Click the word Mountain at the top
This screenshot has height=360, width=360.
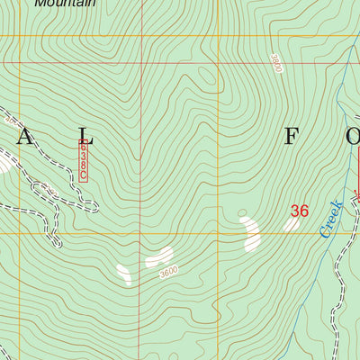tap(65, 4)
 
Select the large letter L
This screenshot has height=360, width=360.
tap(84, 137)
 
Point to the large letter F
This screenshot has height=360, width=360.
tap(292, 137)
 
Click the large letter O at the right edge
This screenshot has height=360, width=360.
tap(352, 137)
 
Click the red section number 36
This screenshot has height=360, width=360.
tap(299, 211)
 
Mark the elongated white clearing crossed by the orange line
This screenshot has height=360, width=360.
tap(250, 232)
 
